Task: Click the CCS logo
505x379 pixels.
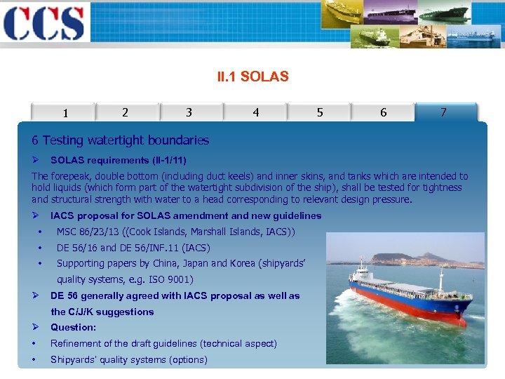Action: pyautogui.click(x=43, y=22)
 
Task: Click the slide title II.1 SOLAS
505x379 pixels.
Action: pyautogui.click(x=252, y=77)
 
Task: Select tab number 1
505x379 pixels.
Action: pyautogui.click(x=65, y=113)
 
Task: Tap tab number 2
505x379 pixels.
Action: pyautogui.click(x=125, y=112)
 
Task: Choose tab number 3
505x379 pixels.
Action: pyautogui.click(x=189, y=112)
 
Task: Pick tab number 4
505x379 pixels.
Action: pyautogui.click(x=255, y=112)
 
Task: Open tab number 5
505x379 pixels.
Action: pyautogui.click(x=320, y=112)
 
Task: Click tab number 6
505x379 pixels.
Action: pyautogui.click(x=383, y=112)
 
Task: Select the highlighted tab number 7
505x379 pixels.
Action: pyautogui.click(x=443, y=112)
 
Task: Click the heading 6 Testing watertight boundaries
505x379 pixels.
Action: pyautogui.click(x=120, y=140)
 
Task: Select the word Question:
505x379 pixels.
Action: pyautogui.click(x=73, y=327)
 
